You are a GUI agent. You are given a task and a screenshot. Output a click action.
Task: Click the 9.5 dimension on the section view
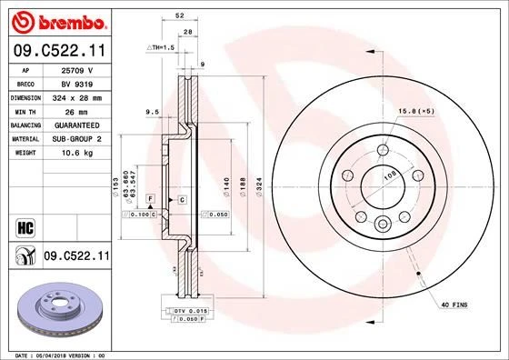pos(152,111)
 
